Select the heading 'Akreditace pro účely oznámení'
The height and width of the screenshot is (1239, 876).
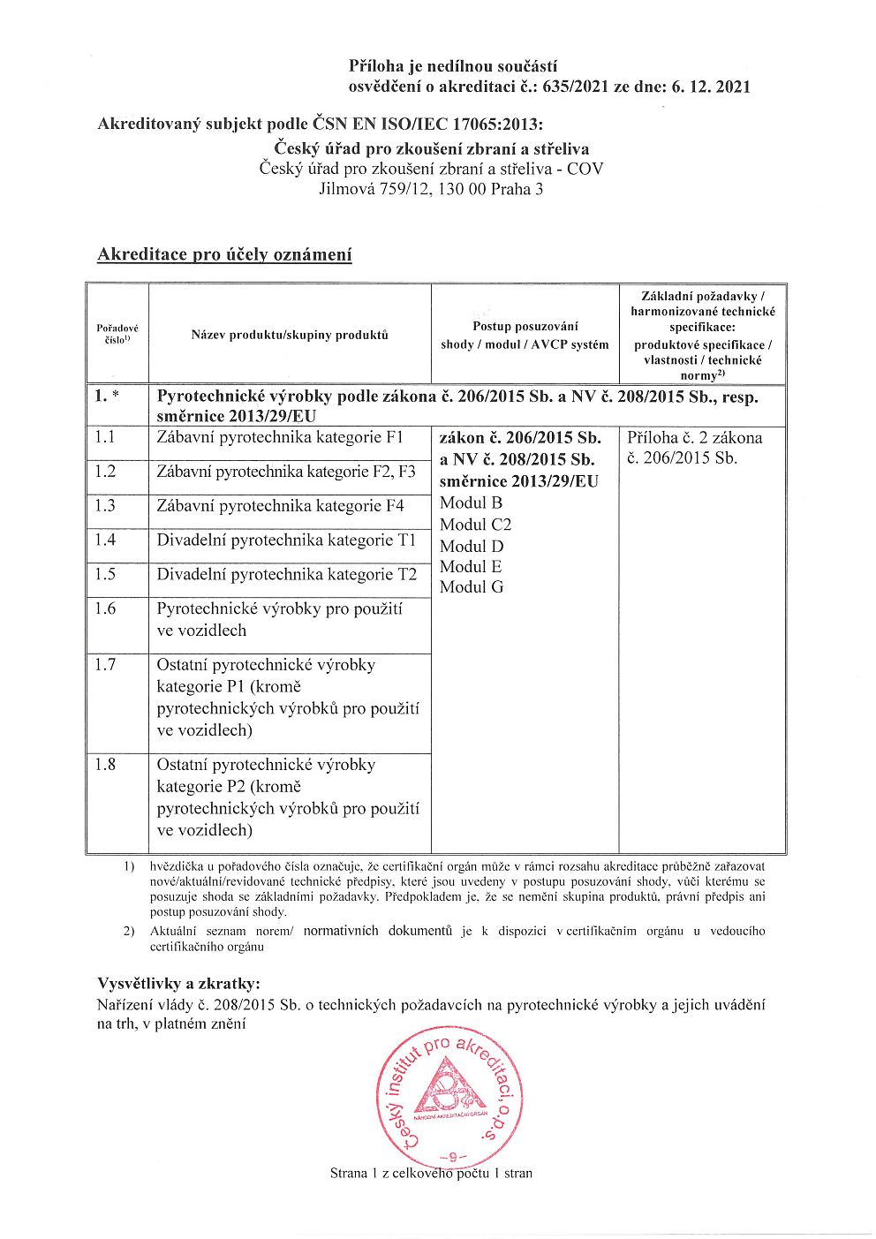pos(224,255)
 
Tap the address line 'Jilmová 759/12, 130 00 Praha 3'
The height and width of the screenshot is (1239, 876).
pos(431,188)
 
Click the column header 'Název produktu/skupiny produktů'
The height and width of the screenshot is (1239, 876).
pos(290,335)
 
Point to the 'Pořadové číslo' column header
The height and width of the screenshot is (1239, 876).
pos(117,335)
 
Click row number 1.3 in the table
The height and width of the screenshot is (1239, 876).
pos(105,506)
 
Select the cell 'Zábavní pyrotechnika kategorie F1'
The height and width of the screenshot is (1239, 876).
pos(280,437)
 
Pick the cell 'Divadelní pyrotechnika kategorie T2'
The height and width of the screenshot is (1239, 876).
pos(286,575)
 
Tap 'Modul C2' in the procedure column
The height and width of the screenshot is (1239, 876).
pos(475,525)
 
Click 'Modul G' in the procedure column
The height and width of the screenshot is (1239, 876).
pos(472,587)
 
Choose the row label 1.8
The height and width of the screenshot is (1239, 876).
pos(105,765)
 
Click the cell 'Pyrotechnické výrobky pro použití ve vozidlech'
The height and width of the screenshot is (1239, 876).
pos(280,620)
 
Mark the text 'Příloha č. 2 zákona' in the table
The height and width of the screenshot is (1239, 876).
pos(694,437)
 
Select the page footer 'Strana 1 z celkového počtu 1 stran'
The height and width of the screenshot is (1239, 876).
pos(431,1174)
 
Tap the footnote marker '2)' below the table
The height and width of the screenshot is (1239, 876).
pos(129,931)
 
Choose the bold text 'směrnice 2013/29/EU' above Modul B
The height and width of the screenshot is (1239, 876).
pos(518,481)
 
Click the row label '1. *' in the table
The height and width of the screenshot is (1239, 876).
pos(107,397)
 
